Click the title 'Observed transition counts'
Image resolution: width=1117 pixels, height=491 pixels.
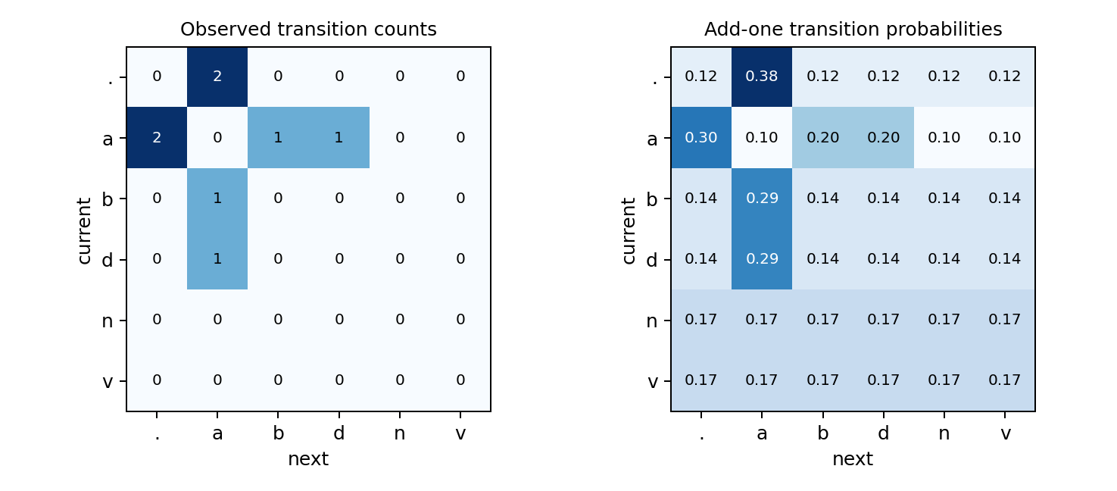[x=308, y=30]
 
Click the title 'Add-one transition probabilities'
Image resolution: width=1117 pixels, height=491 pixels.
[x=853, y=30]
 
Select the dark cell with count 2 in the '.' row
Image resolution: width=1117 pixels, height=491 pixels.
[x=217, y=77]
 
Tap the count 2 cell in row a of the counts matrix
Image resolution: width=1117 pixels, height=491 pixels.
[x=157, y=138]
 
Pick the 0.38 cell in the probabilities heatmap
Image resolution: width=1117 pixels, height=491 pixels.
[x=762, y=77]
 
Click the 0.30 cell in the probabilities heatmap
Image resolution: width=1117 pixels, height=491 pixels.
[x=701, y=138]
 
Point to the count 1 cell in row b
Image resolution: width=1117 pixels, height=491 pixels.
[x=217, y=199]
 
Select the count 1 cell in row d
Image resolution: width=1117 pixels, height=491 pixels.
[x=217, y=259]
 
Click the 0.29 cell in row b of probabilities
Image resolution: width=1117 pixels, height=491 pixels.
[x=762, y=199]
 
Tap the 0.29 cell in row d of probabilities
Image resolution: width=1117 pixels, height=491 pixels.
[x=762, y=259]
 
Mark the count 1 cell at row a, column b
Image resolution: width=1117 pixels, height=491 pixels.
[x=278, y=138]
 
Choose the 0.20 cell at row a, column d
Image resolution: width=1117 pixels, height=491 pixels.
[x=883, y=138]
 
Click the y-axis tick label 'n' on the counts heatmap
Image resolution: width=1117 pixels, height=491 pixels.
[x=108, y=321]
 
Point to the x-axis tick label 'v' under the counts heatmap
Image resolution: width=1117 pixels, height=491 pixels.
[x=460, y=433]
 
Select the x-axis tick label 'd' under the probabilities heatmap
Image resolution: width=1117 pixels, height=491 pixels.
[x=883, y=433]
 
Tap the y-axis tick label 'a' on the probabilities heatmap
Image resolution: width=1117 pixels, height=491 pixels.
[x=652, y=139]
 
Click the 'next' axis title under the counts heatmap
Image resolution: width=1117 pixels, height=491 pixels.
[x=308, y=459]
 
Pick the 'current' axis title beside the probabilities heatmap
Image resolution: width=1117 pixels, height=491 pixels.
[x=629, y=230]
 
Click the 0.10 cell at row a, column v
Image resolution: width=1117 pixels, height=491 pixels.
[x=1005, y=138]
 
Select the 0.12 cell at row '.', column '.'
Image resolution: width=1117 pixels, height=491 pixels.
[x=701, y=77]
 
